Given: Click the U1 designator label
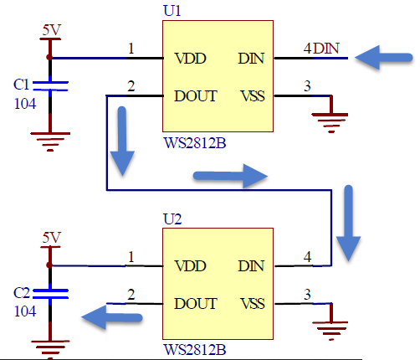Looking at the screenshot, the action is point(172,11).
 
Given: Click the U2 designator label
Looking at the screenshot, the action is point(172,219).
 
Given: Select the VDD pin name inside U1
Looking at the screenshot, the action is point(190,59).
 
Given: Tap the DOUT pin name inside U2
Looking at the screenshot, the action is point(196,304).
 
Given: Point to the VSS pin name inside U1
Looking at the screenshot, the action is point(253,96).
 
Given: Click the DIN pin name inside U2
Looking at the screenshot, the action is point(251,266).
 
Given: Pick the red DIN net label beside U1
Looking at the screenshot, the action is point(326,49).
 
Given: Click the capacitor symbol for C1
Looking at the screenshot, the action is point(50,86).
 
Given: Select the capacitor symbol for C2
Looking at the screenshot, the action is point(50,294).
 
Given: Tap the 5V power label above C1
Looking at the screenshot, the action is point(51,30).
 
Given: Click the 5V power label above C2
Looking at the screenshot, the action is point(51,238).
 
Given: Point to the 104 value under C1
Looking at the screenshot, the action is point(25,104).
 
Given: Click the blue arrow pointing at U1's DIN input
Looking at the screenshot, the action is point(383,58).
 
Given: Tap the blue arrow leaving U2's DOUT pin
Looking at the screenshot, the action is point(112,317).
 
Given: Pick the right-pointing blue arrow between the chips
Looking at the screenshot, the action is point(230,176).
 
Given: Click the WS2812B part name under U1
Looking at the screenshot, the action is point(195,143).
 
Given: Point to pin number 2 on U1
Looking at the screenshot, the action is point(131,86).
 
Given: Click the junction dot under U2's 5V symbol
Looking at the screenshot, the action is point(49,265).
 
